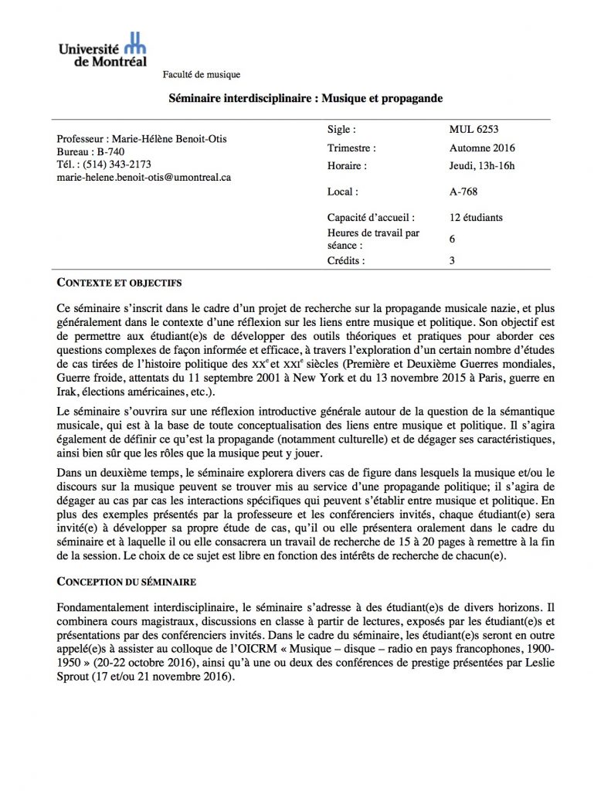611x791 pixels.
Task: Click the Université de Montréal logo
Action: pyautogui.click(x=103, y=49)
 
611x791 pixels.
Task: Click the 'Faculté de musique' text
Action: pyautogui.click(x=202, y=75)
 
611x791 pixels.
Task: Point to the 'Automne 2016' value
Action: pyautogui.click(x=482, y=148)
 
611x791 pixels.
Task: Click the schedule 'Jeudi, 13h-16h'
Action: pyautogui.click(x=481, y=165)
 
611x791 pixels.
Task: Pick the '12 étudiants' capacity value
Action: pyautogui.click(x=476, y=218)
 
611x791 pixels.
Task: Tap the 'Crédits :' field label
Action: pyautogui.click(x=346, y=261)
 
